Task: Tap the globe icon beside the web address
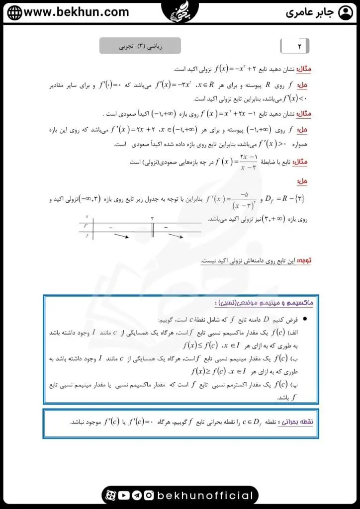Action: tap(14, 12)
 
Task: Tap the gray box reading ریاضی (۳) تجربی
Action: tap(140, 46)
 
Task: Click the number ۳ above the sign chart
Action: tap(152, 218)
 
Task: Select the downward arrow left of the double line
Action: tap(121, 236)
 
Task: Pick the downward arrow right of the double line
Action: tap(176, 236)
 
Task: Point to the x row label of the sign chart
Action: tap(87, 217)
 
